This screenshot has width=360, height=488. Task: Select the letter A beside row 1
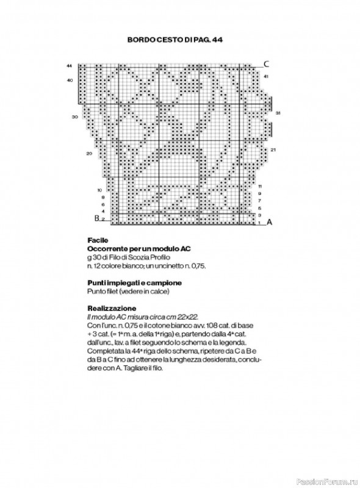pyautogui.click(x=268, y=222)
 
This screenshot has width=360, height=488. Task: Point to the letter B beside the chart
pyautogui.click(x=96, y=218)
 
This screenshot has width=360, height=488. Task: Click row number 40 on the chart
pyautogui.click(x=70, y=80)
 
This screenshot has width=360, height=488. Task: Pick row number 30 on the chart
pyautogui.click(x=74, y=116)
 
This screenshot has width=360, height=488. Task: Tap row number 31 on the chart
pyautogui.click(x=278, y=113)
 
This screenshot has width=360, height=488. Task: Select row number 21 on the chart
pyautogui.click(x=273, y=149)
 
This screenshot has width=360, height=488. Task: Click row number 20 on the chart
pyautogui.click(x=89, y=153)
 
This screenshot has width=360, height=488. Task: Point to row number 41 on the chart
pyautogui.click(x=267, y=76)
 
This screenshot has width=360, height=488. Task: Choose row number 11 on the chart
pyautogui.click(x=260, y=185)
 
